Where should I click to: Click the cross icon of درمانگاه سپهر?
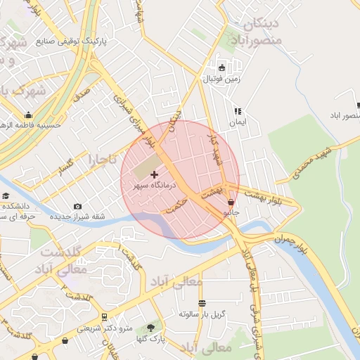(155, 174)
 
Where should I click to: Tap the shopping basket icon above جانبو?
(231, 202)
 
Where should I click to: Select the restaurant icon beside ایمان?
(238, 111)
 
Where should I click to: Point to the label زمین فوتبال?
(222, 79)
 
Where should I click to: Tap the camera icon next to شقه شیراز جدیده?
(77, 207)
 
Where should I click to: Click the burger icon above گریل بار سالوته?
(202, 304)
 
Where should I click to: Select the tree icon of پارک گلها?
(150, 328)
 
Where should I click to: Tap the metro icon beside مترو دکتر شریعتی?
(104, 318)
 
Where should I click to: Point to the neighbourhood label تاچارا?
(102, 160)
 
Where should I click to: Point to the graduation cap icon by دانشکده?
(6, 196)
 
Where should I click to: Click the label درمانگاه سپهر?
(157, 185)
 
